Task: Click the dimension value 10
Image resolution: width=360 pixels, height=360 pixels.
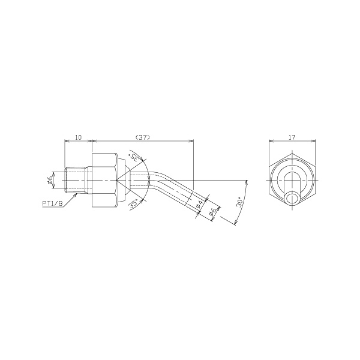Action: coord(78,137)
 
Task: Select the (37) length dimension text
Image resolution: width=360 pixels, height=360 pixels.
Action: coord(143,137)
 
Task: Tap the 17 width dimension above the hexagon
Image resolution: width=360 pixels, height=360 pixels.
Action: coord(292,137)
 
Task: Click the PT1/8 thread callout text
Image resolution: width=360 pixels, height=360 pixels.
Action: coord(52,203)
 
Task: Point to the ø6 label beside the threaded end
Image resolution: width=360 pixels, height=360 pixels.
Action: coord(50,180)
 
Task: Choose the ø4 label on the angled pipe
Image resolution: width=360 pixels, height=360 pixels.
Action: coord(199,205)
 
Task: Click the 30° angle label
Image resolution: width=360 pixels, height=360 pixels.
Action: coord(239,202)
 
